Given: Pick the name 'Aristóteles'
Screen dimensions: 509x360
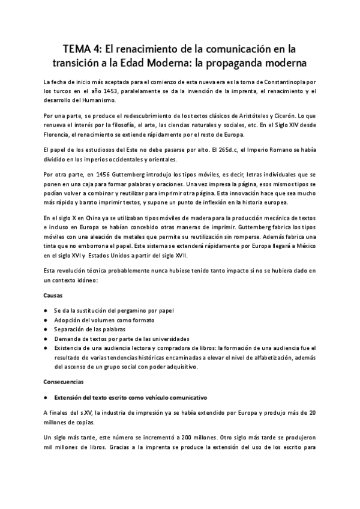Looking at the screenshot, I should click(239, 115).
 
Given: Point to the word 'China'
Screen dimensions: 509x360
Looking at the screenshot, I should click(87, 218).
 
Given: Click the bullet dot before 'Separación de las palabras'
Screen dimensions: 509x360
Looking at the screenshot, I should click(46, 330).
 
